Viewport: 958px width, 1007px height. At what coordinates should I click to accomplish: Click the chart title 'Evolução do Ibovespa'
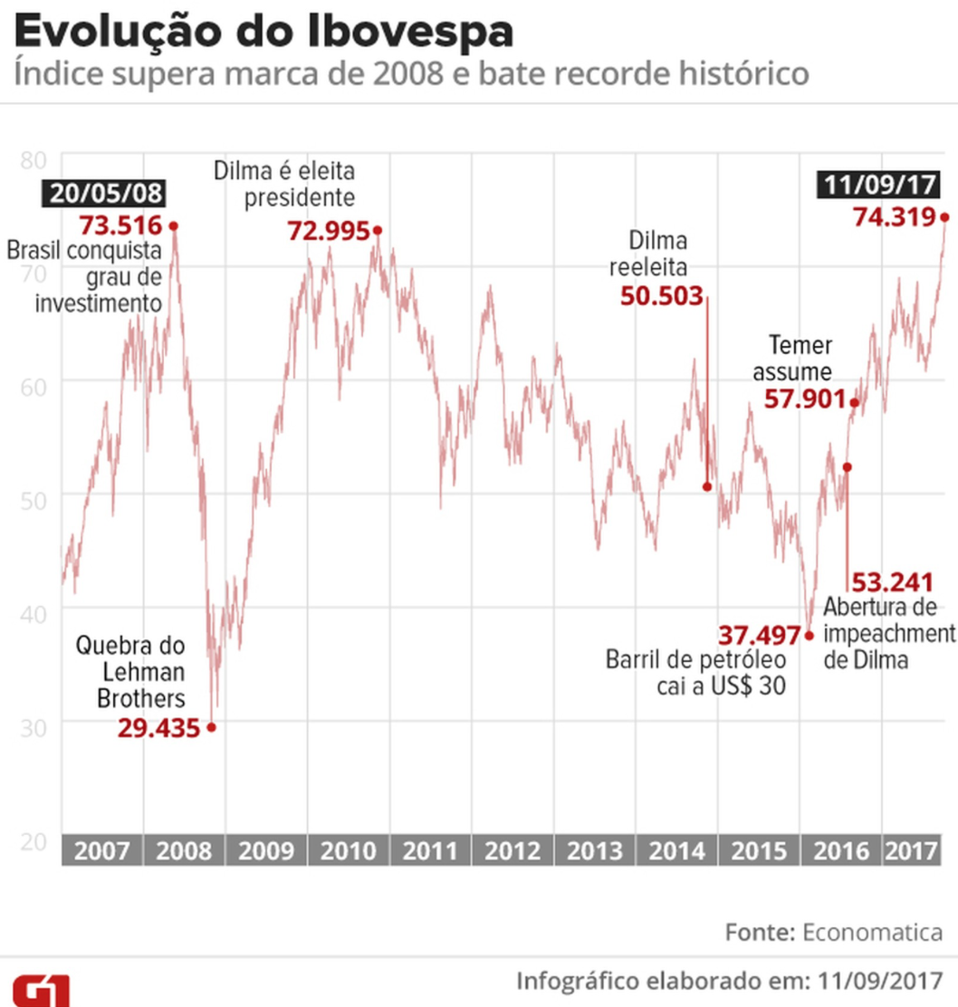[x=263, y=33]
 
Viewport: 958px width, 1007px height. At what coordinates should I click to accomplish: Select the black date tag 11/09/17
[x=878, y=185]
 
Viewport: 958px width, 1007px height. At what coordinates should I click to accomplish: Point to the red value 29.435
[x=158, y=726]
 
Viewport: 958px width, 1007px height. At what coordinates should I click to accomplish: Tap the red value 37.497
[x=760, y=635]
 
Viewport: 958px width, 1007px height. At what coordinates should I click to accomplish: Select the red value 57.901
[x=804, y=399]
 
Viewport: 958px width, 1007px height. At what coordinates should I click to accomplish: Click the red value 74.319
[x=895, y=217]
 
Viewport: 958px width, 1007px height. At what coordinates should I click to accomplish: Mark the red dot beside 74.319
[x=944, y=217]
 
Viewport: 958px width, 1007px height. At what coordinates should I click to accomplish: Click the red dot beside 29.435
[x=212, y=726]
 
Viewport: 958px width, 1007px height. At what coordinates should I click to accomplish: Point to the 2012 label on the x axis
[x=513, y=851]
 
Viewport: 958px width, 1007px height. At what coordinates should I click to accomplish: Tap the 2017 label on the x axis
[x=911, y=851]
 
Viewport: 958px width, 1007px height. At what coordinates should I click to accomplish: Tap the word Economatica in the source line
[x=872, y=932]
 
